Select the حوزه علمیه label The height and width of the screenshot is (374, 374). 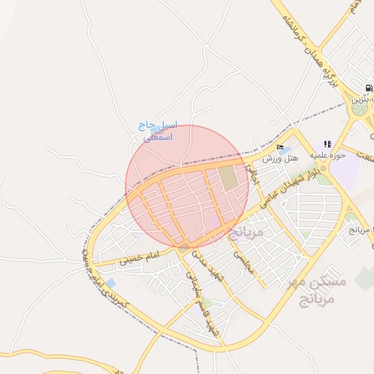point(326,155)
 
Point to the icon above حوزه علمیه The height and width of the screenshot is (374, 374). point(327,144)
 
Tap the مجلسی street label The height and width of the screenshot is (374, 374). point(243,261)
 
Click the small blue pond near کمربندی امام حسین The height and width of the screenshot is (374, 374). point(110,283)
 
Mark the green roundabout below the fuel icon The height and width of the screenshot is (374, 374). point(359,109)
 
